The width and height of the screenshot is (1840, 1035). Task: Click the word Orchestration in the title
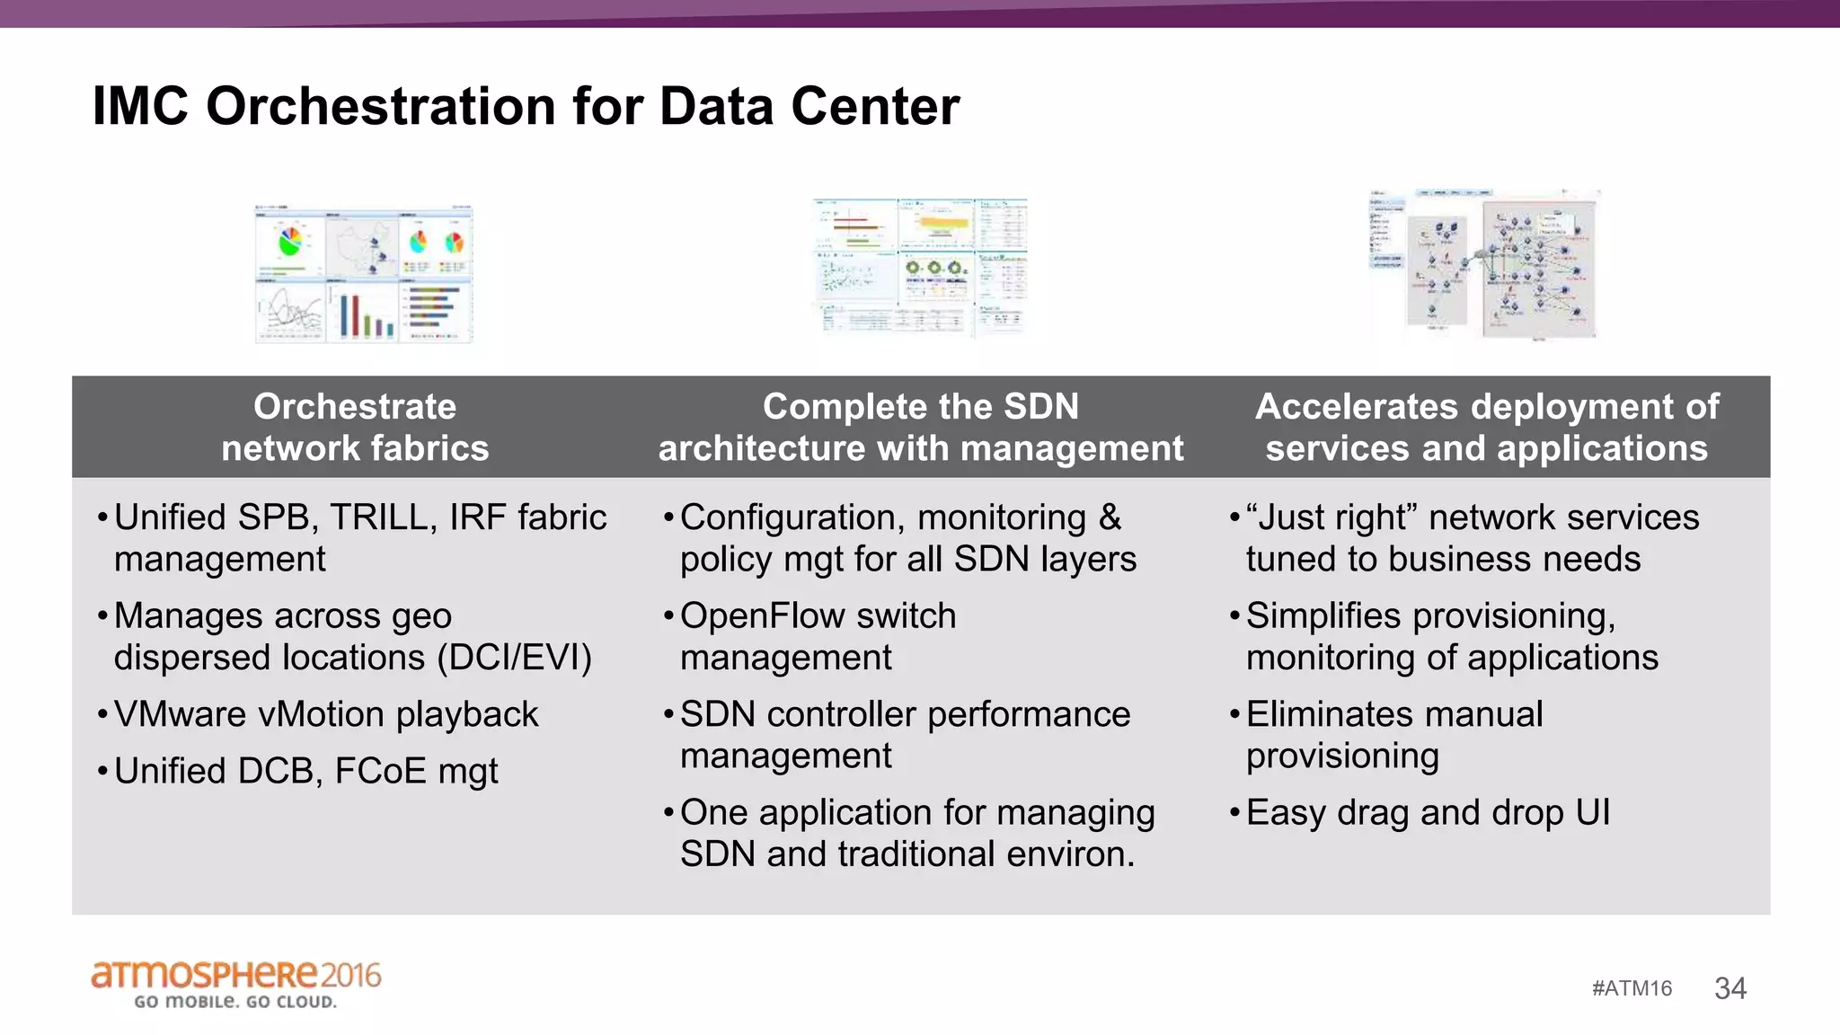(382, 106)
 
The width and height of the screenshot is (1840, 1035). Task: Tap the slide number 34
(1729, 988)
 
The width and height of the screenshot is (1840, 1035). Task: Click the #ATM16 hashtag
(1632, 988)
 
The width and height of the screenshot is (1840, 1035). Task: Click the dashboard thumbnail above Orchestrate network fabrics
(363, 273)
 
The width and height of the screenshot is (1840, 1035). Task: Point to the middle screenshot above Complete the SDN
(920, 266)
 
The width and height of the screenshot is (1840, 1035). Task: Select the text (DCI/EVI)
(514, 658)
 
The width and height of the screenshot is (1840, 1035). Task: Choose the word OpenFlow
(764, 616)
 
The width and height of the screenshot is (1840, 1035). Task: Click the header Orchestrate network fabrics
(355, 427)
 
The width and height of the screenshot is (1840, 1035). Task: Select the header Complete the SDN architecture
(921, 427)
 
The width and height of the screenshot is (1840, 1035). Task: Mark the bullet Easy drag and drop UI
(1428, 812)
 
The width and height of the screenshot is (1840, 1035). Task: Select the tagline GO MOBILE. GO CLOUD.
(235, 1002)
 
